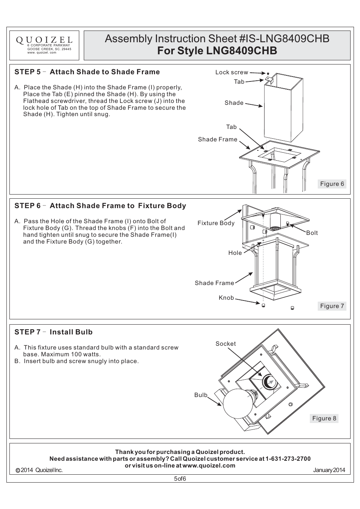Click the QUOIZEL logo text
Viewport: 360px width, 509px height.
point(44,40)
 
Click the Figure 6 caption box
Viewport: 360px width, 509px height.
point(332,184)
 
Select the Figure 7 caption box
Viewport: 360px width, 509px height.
point(332,306)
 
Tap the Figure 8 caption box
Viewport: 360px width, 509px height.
point(324,419)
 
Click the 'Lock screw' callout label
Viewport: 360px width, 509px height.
point(232,72)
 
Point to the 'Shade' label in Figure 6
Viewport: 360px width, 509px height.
point(234,103)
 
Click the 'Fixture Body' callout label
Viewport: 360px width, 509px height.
point(216,223)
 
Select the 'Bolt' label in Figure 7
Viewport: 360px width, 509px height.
point(312,233)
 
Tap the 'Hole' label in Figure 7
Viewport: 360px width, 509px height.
point(235,253)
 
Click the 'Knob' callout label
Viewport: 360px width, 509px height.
point(226,298)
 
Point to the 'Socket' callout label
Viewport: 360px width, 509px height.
point(226,344)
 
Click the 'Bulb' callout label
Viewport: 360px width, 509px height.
point(201,395)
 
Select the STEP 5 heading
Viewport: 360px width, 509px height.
point(87,72)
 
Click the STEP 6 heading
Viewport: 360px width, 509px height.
point(100,206)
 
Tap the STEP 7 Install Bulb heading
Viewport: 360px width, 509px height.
point(53,332)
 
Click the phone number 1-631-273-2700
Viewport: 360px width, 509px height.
point(288,459)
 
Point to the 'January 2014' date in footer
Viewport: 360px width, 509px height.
point(329,470)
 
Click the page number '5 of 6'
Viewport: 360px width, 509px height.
point(180,479)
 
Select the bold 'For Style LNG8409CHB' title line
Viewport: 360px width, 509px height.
point(217,51)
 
